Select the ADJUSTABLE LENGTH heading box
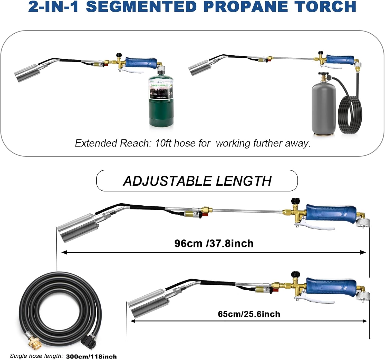(x=197, y=181)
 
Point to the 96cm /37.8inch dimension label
(x=214, y=243)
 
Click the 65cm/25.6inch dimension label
(x=249, y=314)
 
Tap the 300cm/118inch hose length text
(x=91, y=356)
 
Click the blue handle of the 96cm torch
(x=331, y=213)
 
